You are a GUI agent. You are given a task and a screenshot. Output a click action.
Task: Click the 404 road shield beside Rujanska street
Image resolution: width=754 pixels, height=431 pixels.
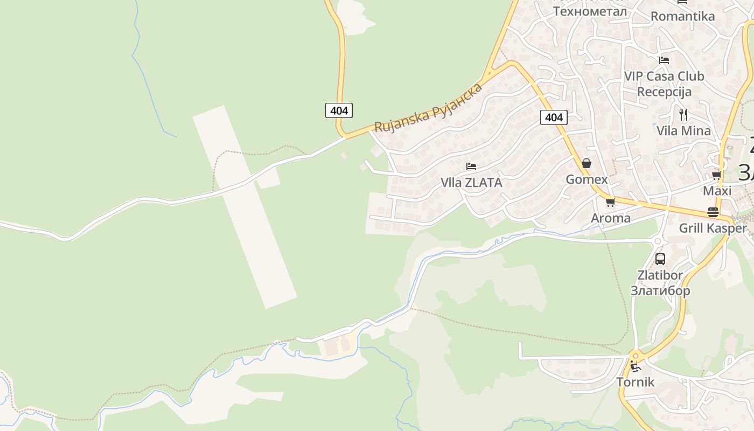339,110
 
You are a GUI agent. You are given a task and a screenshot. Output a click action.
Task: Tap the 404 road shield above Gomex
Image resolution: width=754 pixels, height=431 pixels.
554,117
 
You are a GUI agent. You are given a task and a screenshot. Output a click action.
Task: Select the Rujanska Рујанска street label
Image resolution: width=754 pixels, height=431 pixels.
428,108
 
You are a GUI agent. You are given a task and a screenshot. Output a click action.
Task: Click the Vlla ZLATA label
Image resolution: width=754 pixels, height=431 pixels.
471,183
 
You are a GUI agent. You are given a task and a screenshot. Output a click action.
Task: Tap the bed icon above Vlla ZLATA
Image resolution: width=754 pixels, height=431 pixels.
471,166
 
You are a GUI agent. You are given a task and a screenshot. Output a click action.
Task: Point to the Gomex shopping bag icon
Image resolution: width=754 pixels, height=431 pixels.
587,163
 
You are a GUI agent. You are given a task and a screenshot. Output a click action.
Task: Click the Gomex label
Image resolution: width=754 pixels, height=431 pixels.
587,179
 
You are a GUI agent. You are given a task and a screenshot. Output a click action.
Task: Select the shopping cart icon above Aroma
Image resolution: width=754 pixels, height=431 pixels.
610,202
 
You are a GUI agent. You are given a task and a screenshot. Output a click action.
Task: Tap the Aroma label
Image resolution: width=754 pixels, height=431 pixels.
610,218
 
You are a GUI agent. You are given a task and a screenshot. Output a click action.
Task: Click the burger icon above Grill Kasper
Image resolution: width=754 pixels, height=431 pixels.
713,212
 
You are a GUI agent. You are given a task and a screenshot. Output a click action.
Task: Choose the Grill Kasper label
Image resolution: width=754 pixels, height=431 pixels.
713,228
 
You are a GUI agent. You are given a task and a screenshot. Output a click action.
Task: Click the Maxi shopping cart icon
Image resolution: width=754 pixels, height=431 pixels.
717,175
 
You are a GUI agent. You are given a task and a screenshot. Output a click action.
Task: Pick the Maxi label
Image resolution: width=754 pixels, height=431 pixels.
717,191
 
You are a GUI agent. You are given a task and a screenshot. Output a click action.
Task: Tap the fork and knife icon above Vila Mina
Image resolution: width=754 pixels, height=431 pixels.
683,114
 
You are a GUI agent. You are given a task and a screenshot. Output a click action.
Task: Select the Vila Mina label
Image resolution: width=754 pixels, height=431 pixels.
683,131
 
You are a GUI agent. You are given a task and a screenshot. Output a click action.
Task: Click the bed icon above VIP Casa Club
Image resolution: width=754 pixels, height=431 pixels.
664,60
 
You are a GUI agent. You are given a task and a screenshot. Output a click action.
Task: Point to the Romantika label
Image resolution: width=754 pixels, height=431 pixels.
682,16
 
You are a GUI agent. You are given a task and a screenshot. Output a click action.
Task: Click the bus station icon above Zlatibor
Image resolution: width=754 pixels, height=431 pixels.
660,259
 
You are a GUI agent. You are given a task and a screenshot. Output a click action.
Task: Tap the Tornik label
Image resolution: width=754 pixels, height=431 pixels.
636,382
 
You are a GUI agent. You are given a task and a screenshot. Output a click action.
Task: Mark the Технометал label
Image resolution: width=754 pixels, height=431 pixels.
590,11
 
